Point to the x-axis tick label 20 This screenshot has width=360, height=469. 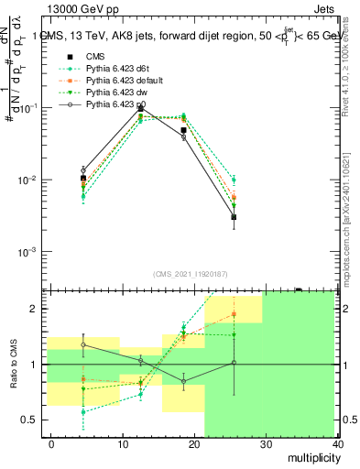[x=193, y=444]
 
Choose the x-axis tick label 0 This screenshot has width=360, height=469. [x=51, y=444]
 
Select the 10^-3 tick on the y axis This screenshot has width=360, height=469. [x=31, y=251]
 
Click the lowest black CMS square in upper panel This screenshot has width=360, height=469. [x=234, y=217]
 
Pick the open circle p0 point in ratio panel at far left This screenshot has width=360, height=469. [x=83, y=345]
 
